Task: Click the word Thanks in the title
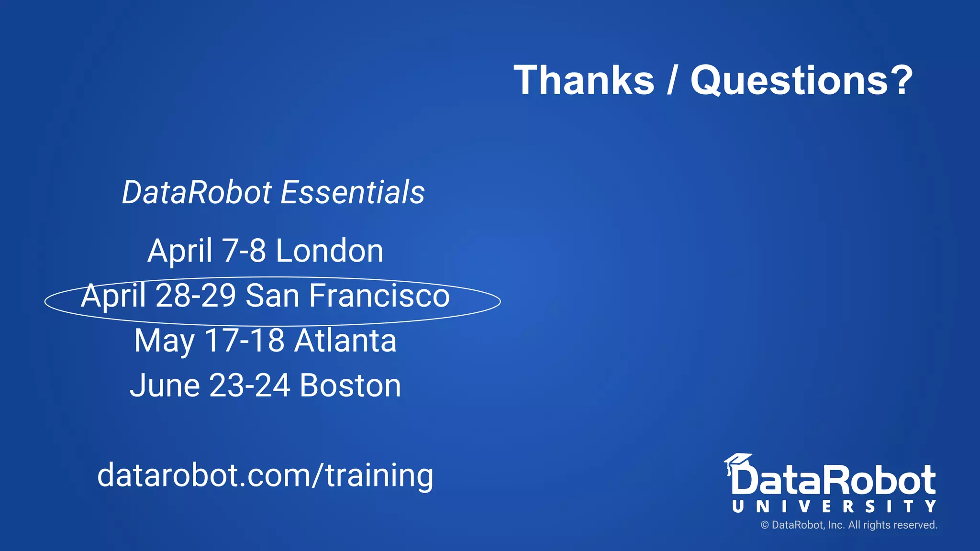(584, 80)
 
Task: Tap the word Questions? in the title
(802, 80)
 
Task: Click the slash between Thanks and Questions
(672, 80)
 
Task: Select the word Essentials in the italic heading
(353, 192)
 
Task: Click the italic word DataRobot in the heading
(197, 192)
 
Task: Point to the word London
(329, 251)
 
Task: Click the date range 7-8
(244, 251)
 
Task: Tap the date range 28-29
(196, 296)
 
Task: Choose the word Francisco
(379, 296)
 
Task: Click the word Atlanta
(345, 341)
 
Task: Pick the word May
(164, 342)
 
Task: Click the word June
(165, 386)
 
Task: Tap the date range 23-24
(250, 386)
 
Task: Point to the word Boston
(350, 386)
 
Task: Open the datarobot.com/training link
(265, 475)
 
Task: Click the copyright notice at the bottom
(848, 525)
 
